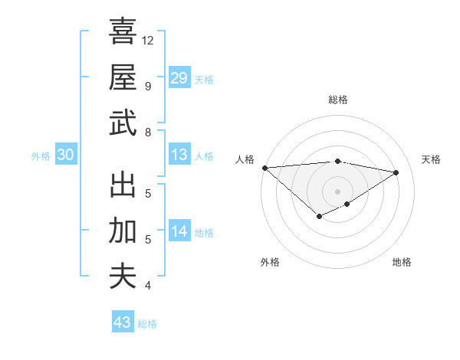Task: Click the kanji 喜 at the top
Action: [x=123, y=31]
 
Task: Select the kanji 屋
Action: [x=123, y=77]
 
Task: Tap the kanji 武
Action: [x=123, y=123]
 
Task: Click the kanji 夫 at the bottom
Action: [x=123, y=276]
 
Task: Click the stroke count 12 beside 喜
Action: [x=148, y=40]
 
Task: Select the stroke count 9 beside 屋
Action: [x=147, y=86]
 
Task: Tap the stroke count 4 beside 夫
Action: [x=147, y=286]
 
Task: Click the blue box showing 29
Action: [x=179, y=77]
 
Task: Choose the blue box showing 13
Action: [x=179, y=155]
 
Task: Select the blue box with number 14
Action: [x=179, y=231]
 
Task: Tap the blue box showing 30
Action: [x=65, y=155]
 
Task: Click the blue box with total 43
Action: [x=122, y=322]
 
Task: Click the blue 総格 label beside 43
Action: [x=147, y=324]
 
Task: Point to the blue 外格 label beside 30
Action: [x=41, y=156]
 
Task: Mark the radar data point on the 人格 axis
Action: [x=264, y=168]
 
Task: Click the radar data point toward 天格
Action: [x=396, y=172]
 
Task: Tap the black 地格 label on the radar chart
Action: [x=402, y=262]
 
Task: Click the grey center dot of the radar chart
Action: [x=337, y=191]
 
